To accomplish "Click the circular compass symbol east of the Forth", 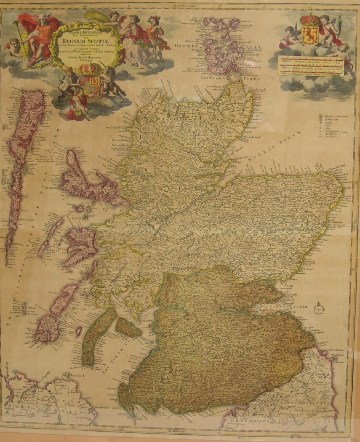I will point(319,309).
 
